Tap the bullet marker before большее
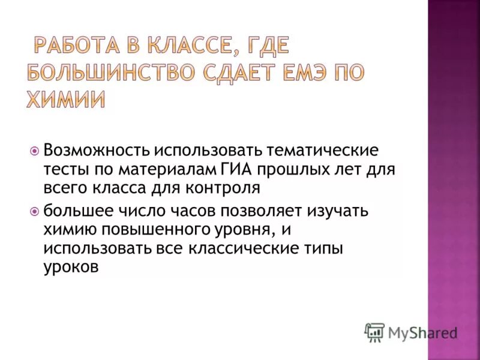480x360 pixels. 34,211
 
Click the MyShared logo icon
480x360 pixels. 374,332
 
